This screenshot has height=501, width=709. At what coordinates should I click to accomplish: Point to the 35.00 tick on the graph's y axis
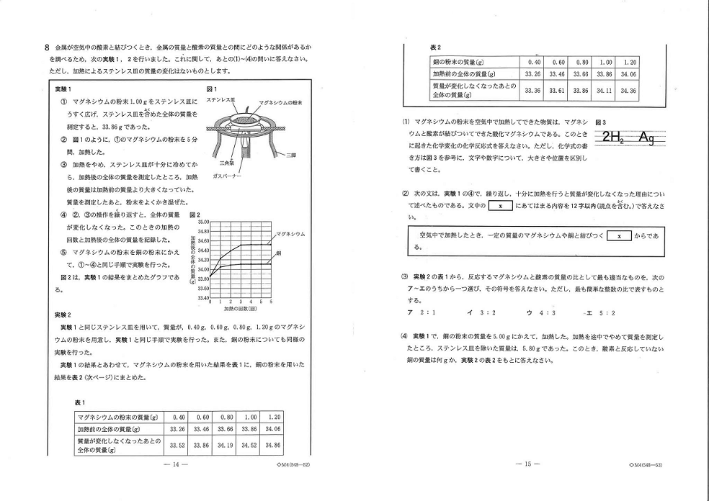pos(202,222)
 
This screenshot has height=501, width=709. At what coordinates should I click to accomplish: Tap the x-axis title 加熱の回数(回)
pos(240,308)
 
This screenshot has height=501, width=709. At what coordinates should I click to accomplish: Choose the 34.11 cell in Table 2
pos(605,91)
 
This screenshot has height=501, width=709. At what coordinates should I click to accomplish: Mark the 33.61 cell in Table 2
pos(556,91)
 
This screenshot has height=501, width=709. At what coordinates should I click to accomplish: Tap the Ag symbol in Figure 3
pos(646,138)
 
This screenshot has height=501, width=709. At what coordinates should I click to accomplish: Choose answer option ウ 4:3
pos(538,313)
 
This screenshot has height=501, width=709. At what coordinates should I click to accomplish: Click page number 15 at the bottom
pos(528,464)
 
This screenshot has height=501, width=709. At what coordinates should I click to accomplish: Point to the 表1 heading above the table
pos(79,402)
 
